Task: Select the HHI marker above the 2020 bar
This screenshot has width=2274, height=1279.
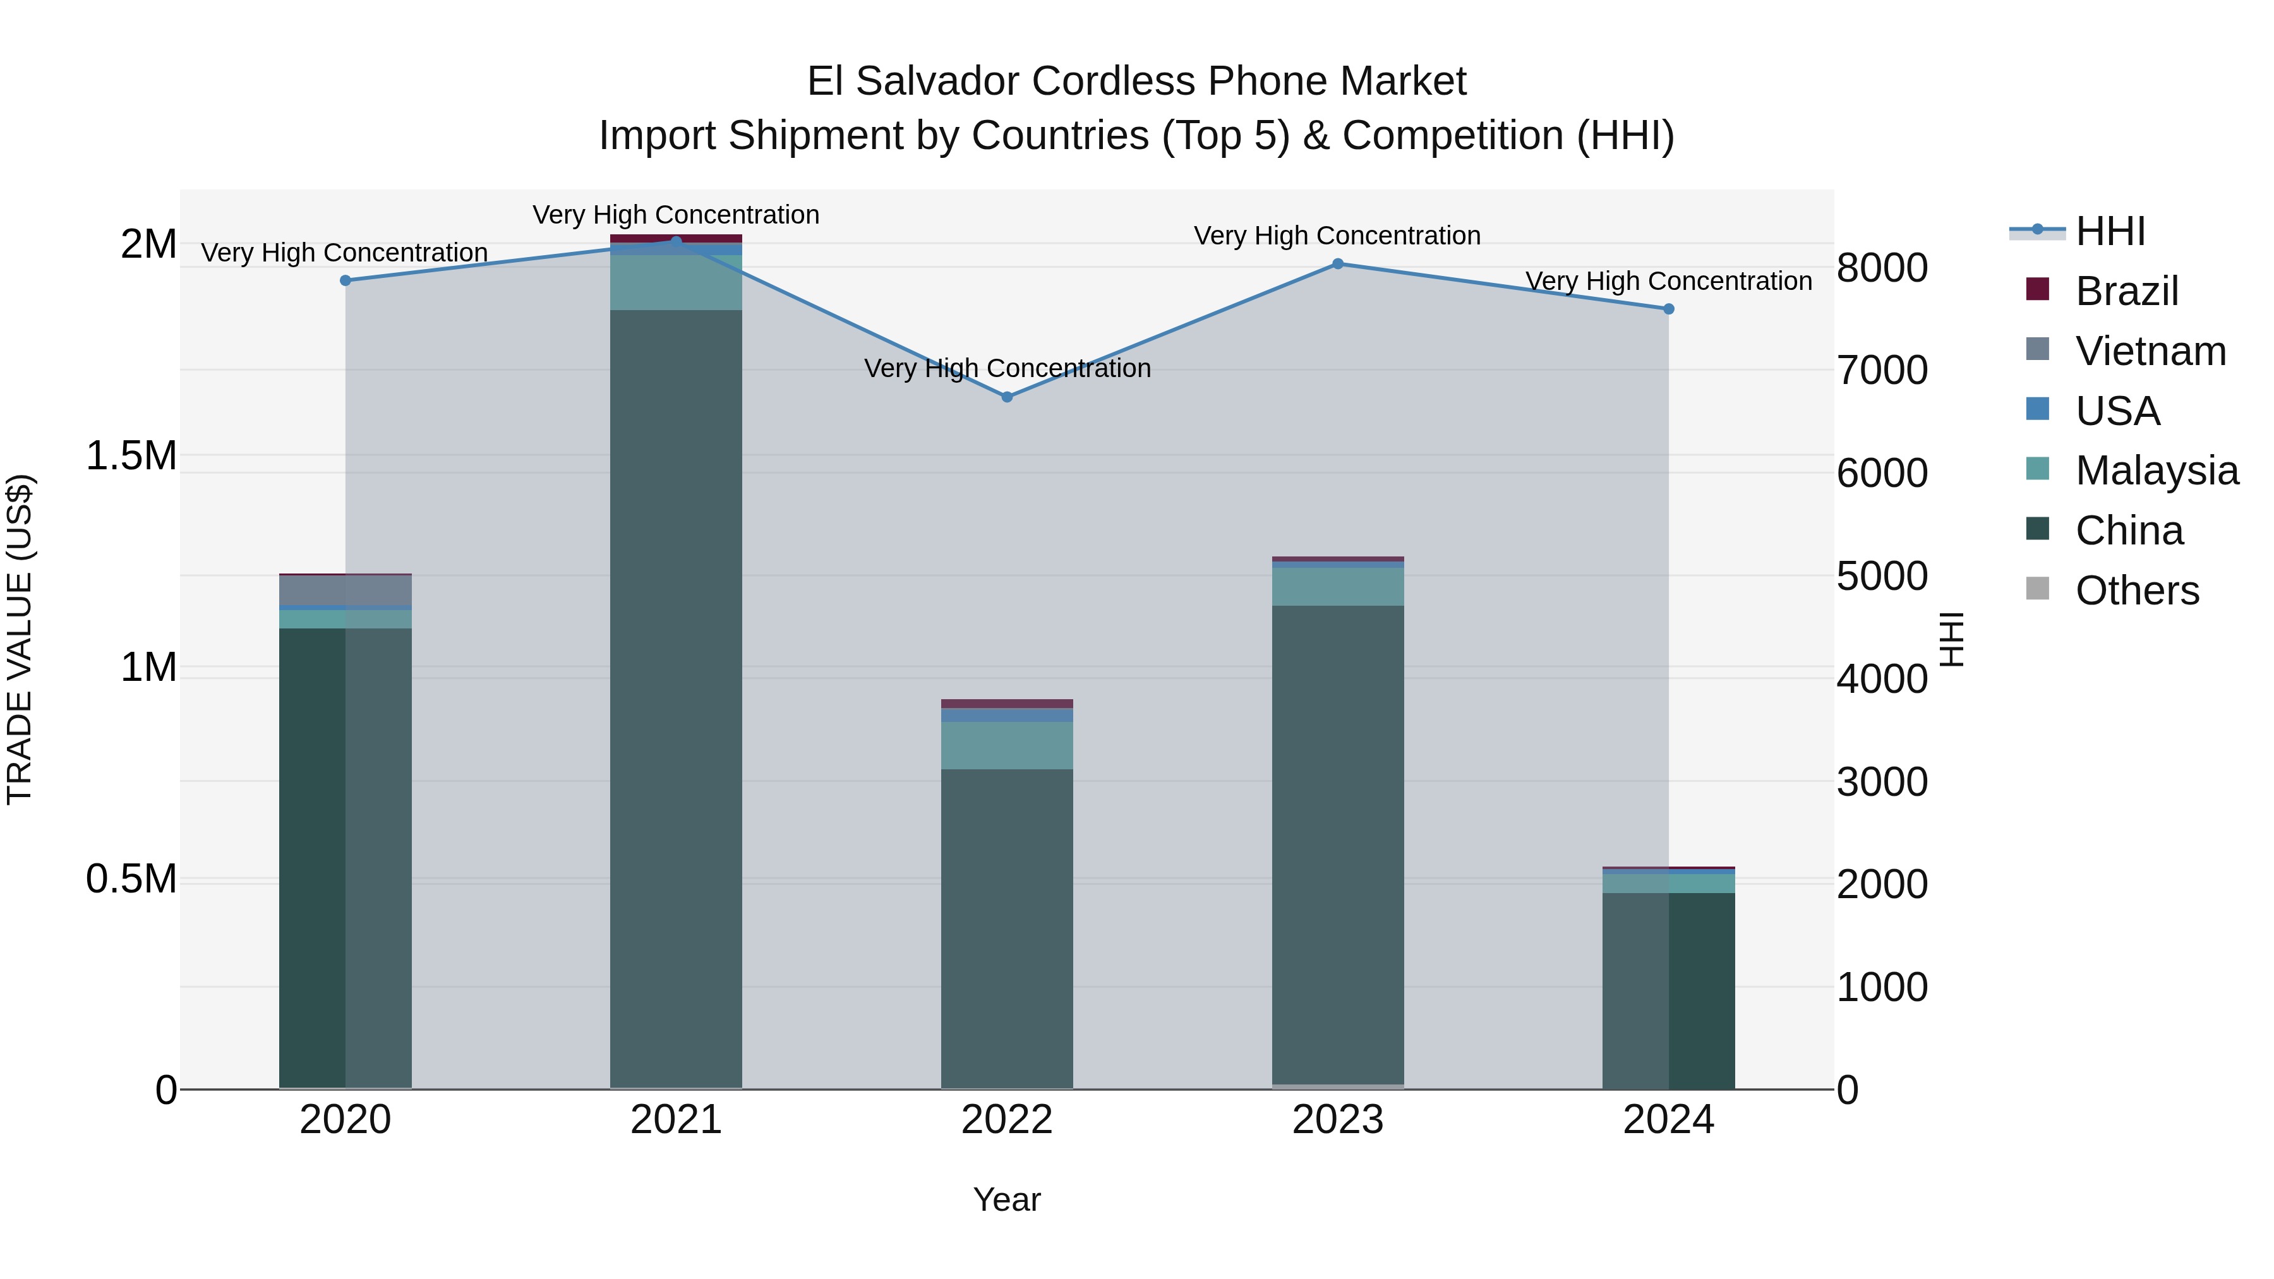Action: [x=345, y=280]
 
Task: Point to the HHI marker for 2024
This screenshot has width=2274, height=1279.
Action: [x=1668, y=309]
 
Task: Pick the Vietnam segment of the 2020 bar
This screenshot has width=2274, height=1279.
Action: [x=345, y=590]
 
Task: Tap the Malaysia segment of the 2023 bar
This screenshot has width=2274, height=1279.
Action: [x=1337, y=586]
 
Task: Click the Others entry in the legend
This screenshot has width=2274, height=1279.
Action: [x=2136, y=591]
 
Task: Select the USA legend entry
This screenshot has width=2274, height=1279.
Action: [x=2117, y=411]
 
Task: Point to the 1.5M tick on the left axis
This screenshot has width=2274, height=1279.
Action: [x=131, y=457]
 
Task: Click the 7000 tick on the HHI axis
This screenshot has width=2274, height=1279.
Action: [x=1882, y=370]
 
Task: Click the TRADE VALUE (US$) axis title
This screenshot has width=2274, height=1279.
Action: [x=20, y=639]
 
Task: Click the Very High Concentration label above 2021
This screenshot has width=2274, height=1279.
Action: [x=675, y=215]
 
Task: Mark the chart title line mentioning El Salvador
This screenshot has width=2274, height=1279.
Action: [x=1136, y=81]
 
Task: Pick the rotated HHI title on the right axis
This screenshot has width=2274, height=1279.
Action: [x=1952, y=639]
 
